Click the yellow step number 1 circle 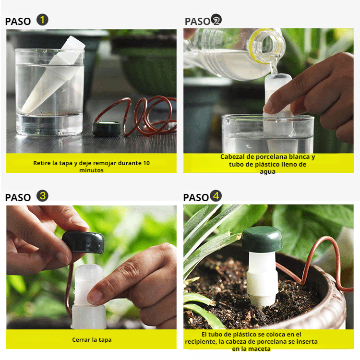click(x=43, y=20)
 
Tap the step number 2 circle click(x=216, y=20)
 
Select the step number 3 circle click(x=43, y=196)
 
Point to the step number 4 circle click(x=216, y=196)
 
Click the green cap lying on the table click(x=106, y=129)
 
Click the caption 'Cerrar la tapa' click(x=92, y=339)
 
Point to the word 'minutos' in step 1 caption click(x=91, y=170)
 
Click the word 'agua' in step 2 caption click(x=268, y=171)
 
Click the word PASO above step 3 click(x=18, y=197)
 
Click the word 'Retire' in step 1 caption click(x=42, y=163)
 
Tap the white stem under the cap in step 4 click(x=262, y=278)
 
